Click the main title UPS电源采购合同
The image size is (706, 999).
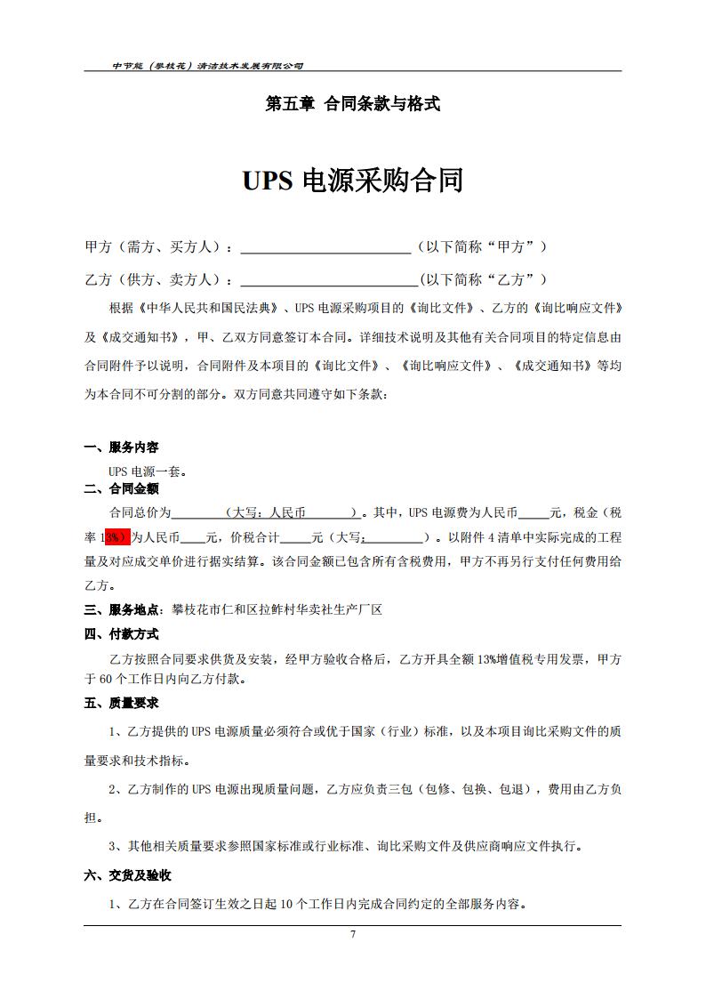(353, 181)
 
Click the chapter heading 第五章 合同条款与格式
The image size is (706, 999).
(353, 104)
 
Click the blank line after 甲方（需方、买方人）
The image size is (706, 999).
(325, 247)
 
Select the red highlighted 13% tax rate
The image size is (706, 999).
(116, 537)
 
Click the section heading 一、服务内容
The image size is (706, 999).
(122, 447)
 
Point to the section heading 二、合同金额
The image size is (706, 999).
(122, 488)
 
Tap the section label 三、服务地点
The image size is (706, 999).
(122, 609)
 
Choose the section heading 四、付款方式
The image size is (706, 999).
(122, 634)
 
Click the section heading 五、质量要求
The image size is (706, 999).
(122, 703)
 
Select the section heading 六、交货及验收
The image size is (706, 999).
(128, 875)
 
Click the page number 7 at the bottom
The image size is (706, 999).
(353, 934)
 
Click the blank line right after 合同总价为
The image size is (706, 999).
(197, 513)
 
